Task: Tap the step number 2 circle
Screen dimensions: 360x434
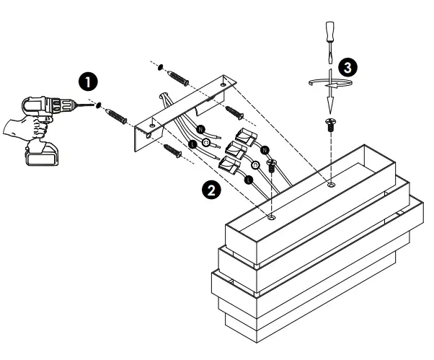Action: [211, 189]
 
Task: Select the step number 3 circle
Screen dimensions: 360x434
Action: [347, 66]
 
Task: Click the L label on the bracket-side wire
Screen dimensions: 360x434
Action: [192, 145]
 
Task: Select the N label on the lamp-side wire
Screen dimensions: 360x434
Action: [265, 149]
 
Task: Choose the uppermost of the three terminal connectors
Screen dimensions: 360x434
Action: [246, 136]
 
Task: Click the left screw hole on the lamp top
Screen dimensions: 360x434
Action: [271, 215]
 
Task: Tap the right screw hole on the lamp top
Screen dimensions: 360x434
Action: [330, 185]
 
